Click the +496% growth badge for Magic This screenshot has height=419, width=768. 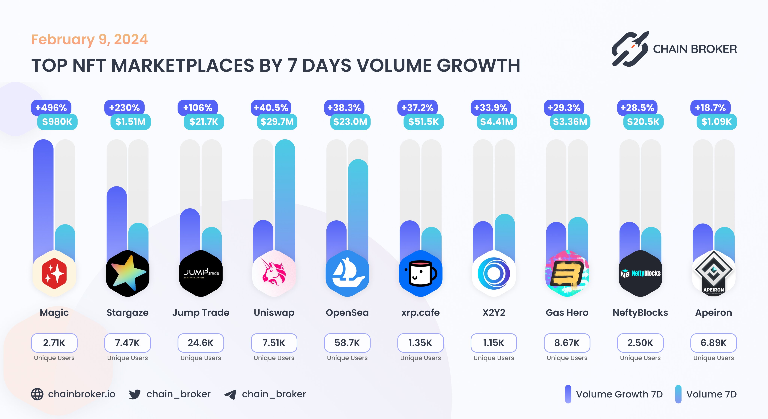tap(51, 108)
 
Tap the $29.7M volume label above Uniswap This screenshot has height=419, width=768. tap(277, 122)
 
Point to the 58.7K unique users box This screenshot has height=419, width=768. tap(347, 343)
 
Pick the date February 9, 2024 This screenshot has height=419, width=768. tap(89, 39)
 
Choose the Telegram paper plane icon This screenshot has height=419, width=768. tap(230, 394)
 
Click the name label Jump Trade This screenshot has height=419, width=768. tap(201, 312)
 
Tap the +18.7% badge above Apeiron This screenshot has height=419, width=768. tap(710, 108)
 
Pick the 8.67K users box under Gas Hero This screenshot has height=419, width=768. tap(567, 343)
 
